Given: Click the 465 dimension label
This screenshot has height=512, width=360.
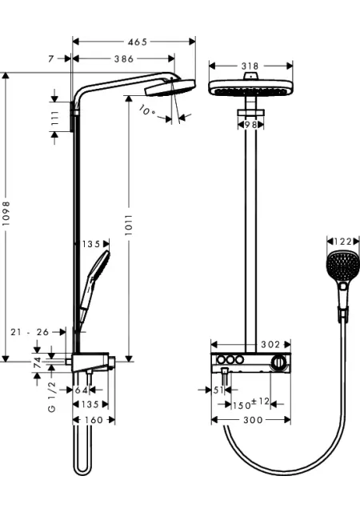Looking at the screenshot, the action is tap(138, 42).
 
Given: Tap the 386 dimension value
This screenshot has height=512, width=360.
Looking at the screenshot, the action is tap(124, 59).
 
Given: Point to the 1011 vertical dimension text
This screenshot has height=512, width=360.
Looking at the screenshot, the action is tap(128, 225).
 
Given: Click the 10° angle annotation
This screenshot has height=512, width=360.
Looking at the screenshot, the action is tap(147, 110).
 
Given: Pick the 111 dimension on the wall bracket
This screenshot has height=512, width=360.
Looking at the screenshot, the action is tap(54, 118).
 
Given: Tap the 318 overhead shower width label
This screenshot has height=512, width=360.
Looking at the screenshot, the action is tap(250, 66).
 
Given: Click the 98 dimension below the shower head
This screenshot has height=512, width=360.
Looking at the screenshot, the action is tap(250, 125).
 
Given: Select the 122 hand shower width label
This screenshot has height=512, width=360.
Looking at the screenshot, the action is tap(342, 242).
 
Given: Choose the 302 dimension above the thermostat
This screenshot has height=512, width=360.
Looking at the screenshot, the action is tap(270, 345).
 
